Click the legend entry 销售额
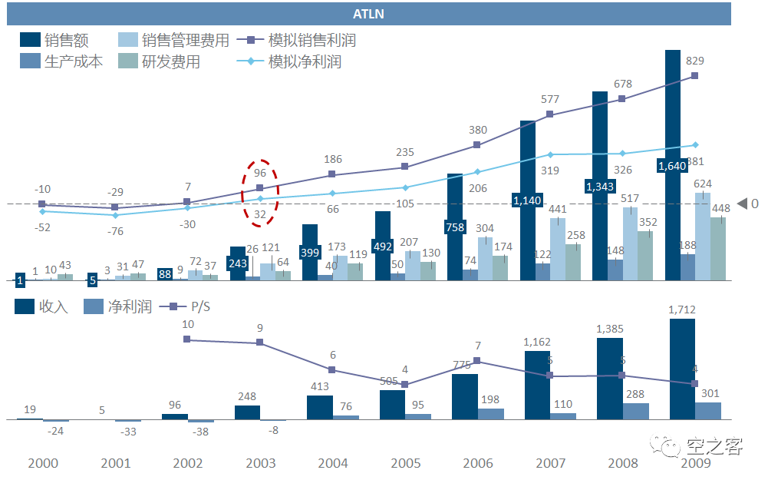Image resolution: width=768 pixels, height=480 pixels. pyautogui.click(x=54, y=41)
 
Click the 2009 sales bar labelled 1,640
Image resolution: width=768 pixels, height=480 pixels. pyautogui.click(x=673, y=165)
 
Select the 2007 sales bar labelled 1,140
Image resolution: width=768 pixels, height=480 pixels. pyautogui.click(x=527, y=200)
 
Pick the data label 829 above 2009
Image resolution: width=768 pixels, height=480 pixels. pyautogui.click(x=695, y=61)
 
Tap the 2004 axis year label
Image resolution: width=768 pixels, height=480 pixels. pyautogui.click(x=332, y=464)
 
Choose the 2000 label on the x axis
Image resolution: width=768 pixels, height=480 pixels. pyautogui.click(x=42, y=464)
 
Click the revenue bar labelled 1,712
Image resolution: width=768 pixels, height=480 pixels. pyautogui.click(x=682, y=369)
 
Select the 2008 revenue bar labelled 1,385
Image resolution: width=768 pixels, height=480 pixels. pyautogui.click(x=610, y=378)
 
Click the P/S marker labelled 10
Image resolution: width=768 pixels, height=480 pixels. pyautogui.click(x=187, y=339)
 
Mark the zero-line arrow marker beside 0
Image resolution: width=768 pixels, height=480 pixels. pyautogui.click(x=742, y=204)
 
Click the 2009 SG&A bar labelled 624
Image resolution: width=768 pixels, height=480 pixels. pyautogui.click(x=702, y=236)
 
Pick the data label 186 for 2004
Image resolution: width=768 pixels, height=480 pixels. pyautogui.click(x=333, y=160)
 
